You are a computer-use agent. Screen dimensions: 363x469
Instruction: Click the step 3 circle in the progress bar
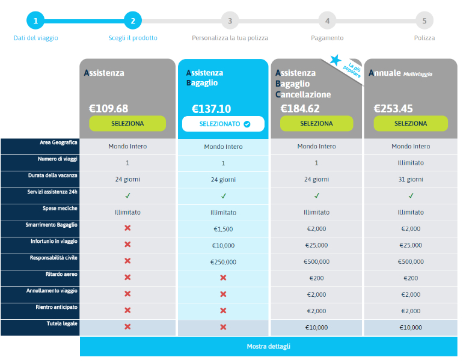[230, 21]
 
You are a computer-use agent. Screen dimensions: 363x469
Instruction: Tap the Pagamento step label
[327, 38]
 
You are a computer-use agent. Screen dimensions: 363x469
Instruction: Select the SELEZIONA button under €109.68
[127, 123]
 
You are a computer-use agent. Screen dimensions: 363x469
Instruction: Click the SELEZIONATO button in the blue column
[223, 124]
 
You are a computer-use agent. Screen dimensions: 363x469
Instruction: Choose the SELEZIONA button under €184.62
[316, 123]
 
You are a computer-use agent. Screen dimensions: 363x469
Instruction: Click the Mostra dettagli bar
[269, 346]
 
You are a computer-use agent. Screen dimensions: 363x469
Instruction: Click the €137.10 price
[211, 109]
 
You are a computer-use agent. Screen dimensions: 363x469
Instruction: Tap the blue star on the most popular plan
[336, 59]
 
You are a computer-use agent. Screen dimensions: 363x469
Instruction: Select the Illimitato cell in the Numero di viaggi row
[411, 163]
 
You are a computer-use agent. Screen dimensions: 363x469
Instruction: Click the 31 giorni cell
[411, 179]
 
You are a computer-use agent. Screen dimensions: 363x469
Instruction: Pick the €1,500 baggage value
[223, 229]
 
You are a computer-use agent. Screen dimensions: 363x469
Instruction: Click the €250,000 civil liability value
[223, 262]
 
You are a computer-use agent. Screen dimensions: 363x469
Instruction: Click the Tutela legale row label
[63, 323]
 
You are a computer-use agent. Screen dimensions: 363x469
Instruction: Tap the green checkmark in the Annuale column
[411, 195]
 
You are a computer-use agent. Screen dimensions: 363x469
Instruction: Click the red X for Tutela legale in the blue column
[223, 327]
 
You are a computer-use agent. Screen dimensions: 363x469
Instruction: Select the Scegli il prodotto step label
[133, 38]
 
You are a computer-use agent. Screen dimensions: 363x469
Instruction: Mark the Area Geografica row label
[58, 142]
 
